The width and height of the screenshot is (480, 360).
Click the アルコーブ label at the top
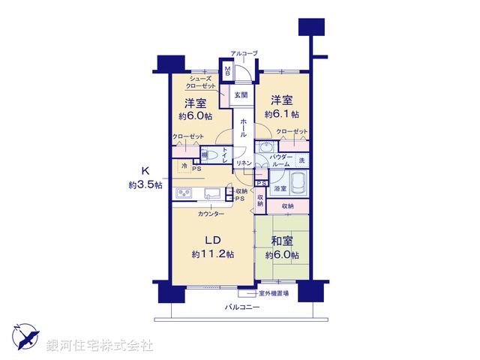[x=244, y=53]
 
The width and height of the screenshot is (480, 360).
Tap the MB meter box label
[x=229, y=72]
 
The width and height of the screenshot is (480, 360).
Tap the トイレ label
[x=226, y=153]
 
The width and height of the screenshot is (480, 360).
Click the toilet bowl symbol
[x=211, y=154]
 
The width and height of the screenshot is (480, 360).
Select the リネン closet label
[x=243, y=163]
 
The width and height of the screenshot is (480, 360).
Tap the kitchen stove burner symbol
[x=185, y=194]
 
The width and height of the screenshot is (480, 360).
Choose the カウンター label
[x=211, y=214]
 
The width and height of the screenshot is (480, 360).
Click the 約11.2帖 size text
[x=211, y=254]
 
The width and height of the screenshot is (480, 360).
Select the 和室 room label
[x=281, y=241]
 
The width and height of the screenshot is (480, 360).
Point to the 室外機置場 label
[x=274, y=292]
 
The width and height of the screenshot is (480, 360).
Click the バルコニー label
[x=241, y=308]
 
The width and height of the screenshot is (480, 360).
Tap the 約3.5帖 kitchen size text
[x=145, y=184]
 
